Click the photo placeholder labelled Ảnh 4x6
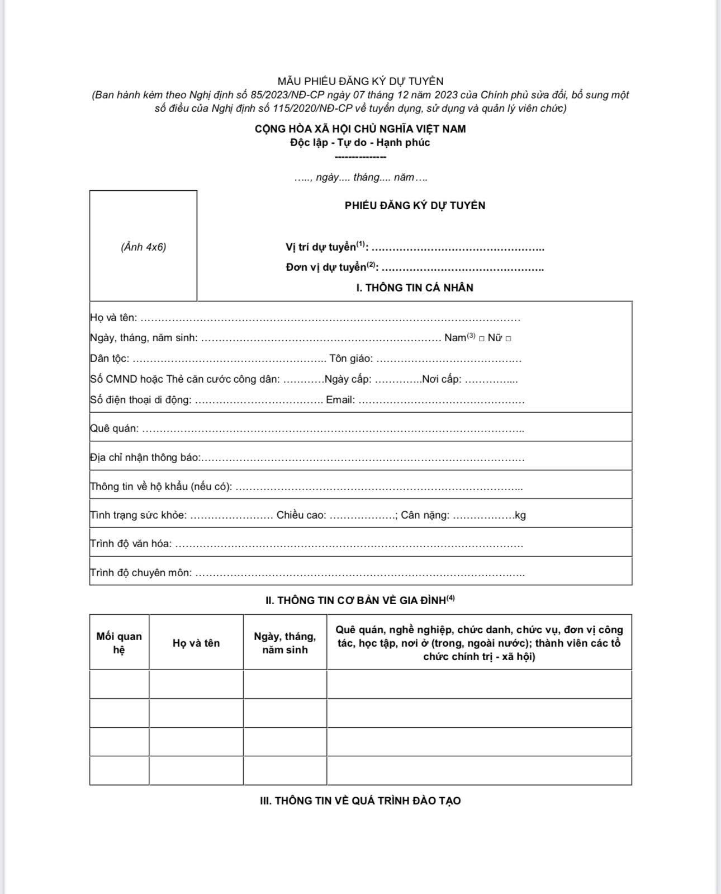coord(143,246)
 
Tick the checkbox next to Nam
coord(482,338)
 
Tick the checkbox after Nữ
coord(508,338)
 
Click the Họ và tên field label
coord(113,318)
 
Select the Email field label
coord(340,400)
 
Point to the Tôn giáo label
coord(351,359)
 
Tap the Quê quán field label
coord(114,429)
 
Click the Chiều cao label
coord(301,515)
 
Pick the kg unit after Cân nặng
coord(520,515)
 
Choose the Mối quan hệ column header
coord(119,643)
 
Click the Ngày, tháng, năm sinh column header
coord(285,643)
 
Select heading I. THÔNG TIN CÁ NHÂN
coord(415,288)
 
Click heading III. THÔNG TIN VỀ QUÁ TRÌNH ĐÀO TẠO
coord(360,801)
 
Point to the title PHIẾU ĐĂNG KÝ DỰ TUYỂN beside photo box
coord(415,205)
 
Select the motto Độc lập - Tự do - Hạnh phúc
coord(360,143)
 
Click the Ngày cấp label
coord(348,379)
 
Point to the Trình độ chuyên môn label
coord(141,573)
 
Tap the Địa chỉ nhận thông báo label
coord(145,458)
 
